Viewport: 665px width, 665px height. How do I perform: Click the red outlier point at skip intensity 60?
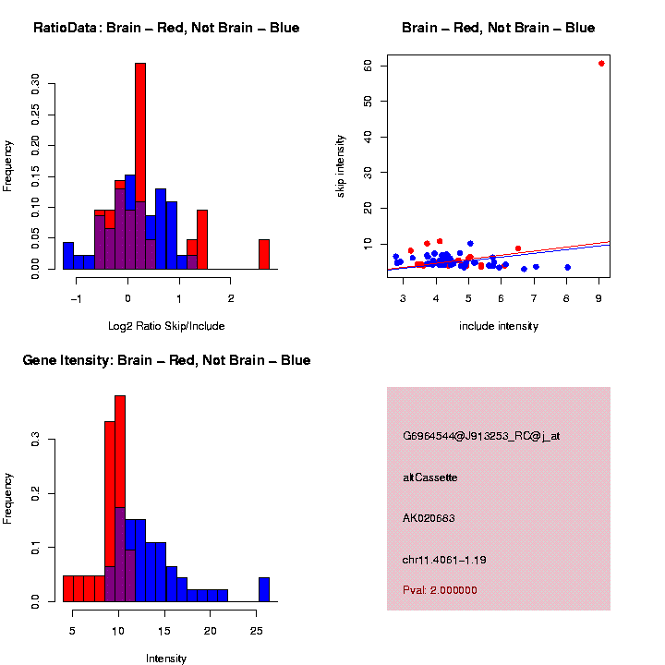click(x=601, y=64)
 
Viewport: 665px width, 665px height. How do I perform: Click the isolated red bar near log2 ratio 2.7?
click(x=264, y=254)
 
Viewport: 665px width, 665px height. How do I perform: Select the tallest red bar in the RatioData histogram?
click(x=140, y=166)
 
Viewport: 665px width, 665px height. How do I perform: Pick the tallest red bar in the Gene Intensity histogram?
click(x=120, y=499)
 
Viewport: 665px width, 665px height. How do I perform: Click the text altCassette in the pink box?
click(x=429, y=478)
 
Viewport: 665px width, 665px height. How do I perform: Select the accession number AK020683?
click(x=429, y=518)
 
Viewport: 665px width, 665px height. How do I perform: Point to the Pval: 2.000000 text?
click(x=440, y=590)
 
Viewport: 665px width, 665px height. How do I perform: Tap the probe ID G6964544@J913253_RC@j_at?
click(x=481, y=436)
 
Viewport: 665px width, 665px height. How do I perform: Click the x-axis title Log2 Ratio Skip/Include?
click(x=166, y=326)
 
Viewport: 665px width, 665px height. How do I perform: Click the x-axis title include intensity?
click(x=499, y=326)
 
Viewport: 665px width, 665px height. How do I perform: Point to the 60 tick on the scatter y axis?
click(x=367, y=66)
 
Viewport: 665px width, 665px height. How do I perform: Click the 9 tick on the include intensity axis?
click(x=598, y=299)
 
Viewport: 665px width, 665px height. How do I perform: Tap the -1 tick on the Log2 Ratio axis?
click(x=77, y=299)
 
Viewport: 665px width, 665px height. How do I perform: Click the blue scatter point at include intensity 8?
click(x=567, y=268)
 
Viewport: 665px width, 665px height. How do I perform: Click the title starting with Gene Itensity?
click(x=166, y=360)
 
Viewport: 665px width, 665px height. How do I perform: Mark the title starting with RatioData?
click(x=166, y=29)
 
